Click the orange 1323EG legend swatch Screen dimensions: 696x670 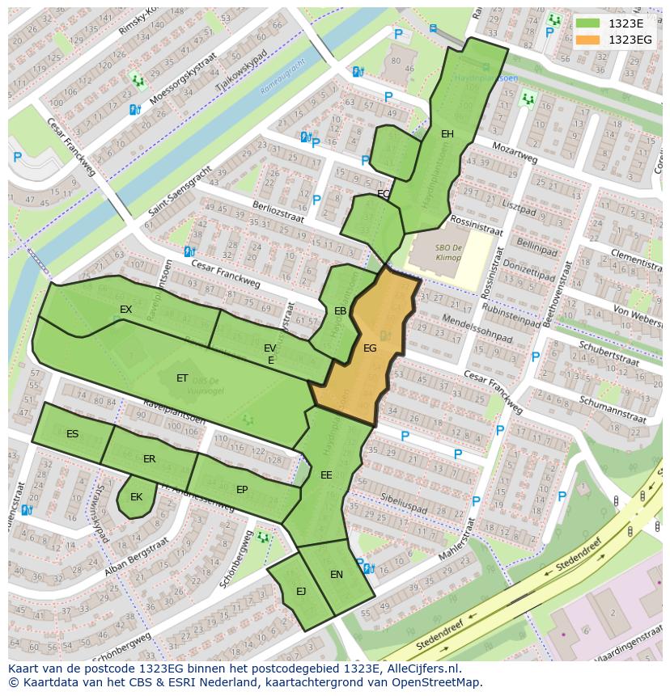point(588,40)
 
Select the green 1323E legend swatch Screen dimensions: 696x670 point(588,23)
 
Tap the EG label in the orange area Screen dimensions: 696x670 point(370,348)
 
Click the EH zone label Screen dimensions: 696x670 point(447,134)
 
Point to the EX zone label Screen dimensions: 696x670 point(125,310)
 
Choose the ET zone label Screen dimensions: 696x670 point(182,378)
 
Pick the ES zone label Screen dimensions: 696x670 point(73,434)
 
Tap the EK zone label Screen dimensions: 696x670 point(136,497)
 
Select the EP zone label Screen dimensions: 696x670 point(242,490)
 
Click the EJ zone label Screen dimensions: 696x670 point(301,592)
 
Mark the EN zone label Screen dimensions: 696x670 point(337,575)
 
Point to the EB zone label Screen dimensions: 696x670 point(341,311)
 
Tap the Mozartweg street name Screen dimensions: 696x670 point(515,154)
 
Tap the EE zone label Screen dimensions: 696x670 point(326,475)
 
